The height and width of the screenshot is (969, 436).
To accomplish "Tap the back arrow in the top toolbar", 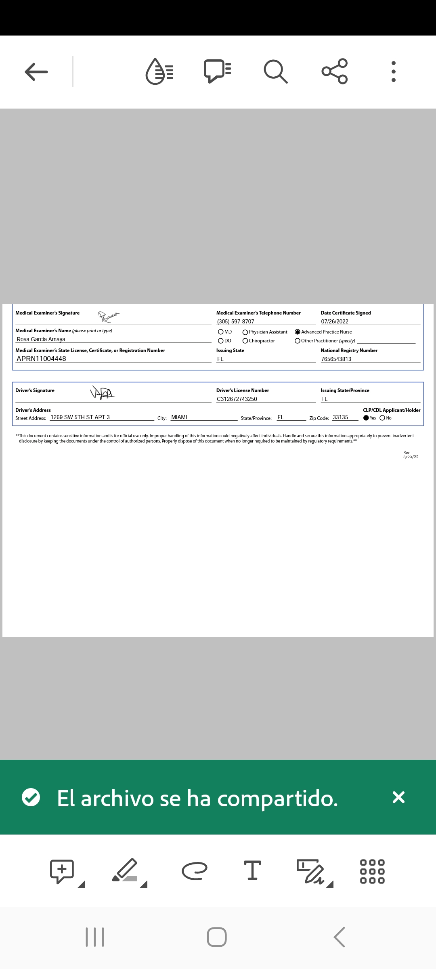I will point(36,72).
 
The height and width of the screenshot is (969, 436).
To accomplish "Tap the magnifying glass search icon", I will point(276,71).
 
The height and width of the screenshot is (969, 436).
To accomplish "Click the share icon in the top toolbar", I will point(335,71).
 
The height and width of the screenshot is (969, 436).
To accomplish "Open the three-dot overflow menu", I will point(394,72).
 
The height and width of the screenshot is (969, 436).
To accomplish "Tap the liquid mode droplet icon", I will point(159,71).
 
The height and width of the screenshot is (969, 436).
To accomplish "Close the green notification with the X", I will point(398,797).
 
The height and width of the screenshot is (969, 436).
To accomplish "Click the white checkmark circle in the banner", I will point(31,797).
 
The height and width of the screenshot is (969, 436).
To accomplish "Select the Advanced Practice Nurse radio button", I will point(298,332).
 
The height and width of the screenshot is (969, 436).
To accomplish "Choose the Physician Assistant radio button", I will point(245,332).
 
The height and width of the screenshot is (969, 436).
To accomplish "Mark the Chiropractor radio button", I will point(245,341).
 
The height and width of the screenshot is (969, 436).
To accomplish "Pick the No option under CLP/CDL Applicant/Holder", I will point(382,418).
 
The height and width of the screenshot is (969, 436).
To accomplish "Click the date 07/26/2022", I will point(335,321).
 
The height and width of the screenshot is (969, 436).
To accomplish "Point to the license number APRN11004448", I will point(41,359).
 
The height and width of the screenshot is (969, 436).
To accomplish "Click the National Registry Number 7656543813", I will point(336,359).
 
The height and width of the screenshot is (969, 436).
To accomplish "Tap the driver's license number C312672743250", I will point(237,399).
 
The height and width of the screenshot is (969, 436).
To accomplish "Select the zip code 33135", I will point(340,417).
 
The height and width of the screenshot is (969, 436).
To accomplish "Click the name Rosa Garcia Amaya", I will point(41,339).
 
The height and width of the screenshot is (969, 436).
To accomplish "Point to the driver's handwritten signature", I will point(103,392).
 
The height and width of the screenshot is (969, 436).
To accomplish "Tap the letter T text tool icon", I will point(253,870).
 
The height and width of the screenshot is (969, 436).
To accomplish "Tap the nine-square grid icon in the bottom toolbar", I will point(372,871).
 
